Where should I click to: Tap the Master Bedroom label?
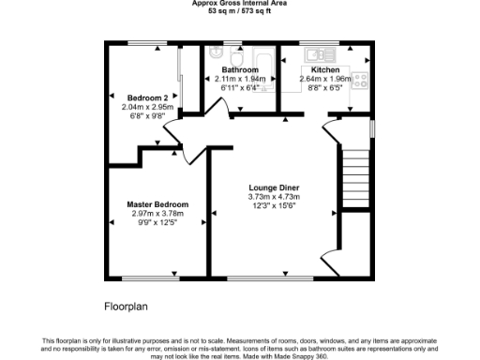pyautogui.click(x=157, y=204)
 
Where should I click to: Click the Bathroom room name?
pyautogui.click(x=240, y=70)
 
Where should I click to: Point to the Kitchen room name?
pyautogui.click(x=324, y=70)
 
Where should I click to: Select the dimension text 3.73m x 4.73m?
pyautogui.click(x=274, y=198)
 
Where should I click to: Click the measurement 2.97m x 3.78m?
pyautogui.click(x=157, y=214)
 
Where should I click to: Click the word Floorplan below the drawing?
pyautogui.click(x=126, y=306)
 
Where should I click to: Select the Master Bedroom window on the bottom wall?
pyautogui.click(x=153, y=277)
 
